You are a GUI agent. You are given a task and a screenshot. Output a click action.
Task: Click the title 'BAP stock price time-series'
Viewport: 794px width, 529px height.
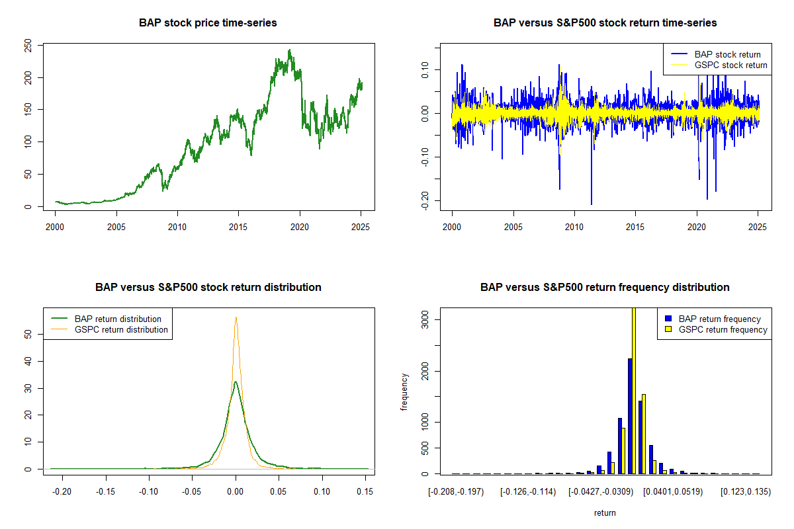208,22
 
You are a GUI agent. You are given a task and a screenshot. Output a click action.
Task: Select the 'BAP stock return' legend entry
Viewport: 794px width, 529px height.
727,54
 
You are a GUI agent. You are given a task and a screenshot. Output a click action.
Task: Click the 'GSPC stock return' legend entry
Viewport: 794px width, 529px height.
730,65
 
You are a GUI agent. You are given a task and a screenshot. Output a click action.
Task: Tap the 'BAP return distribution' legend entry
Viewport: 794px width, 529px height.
118,319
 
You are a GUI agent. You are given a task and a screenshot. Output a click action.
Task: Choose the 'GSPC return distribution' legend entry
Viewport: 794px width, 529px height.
121,329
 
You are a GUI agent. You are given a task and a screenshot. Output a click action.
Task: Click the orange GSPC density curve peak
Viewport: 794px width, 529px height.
236,317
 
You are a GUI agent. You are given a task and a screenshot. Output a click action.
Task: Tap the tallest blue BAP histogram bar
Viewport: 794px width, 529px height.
630,416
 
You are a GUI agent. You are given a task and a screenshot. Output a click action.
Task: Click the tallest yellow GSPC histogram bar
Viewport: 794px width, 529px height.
633,390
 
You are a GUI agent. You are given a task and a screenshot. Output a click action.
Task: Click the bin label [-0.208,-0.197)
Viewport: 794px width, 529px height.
456,491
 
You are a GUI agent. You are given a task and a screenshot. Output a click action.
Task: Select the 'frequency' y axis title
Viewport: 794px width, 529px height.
404,391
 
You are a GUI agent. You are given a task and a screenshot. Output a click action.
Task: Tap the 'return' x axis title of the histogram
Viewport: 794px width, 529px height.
605,512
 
